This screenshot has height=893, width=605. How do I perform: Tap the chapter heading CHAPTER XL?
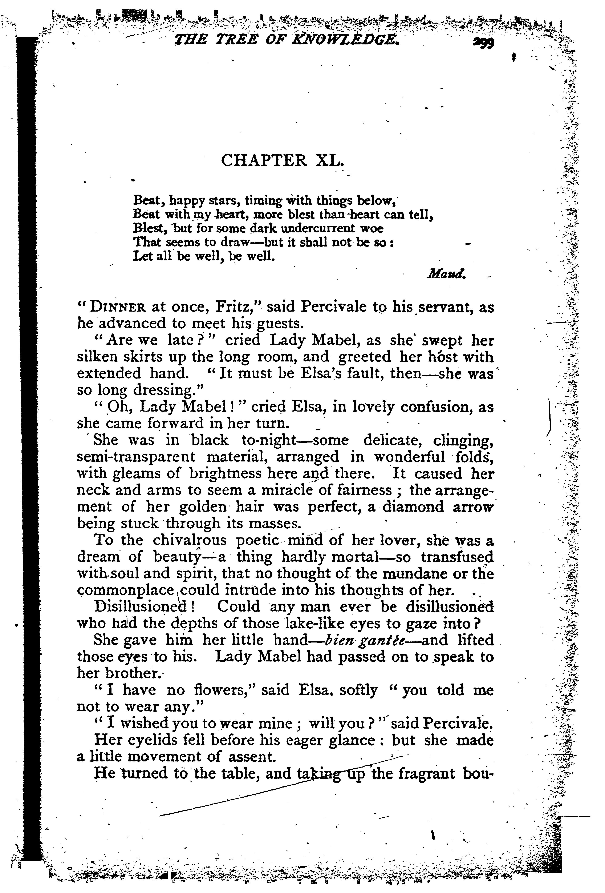tap(282, 160)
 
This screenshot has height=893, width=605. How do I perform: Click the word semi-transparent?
tap(136, 457)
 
